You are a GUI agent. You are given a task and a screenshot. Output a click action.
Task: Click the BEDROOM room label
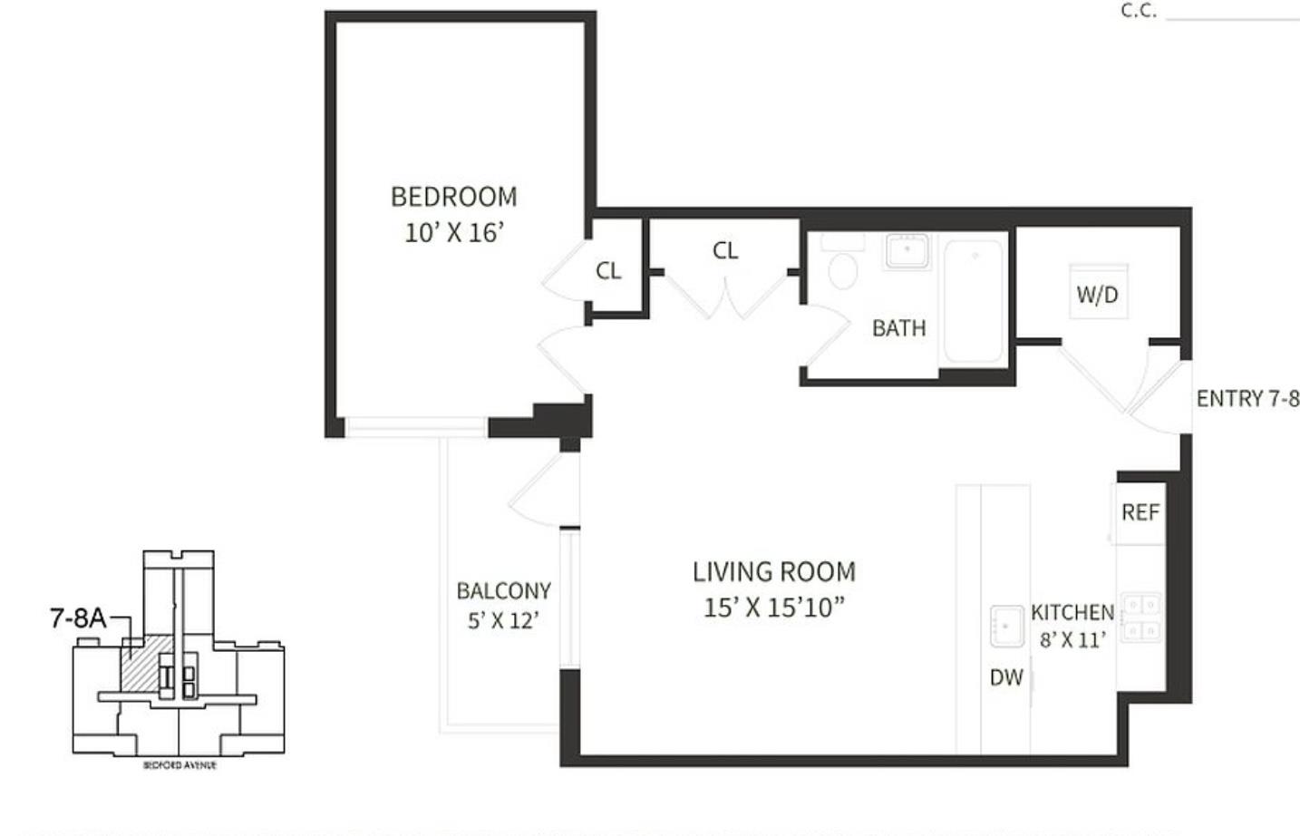click(x=453, y=197)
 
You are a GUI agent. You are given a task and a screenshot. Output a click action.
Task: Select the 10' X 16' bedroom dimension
click(x=453, y=233)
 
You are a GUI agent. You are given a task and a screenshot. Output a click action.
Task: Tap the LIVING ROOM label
click(x=773, y=572)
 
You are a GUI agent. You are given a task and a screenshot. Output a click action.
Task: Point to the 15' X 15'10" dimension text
click(x=773, y=608)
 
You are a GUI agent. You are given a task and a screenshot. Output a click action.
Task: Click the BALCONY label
click(x=503, y=591)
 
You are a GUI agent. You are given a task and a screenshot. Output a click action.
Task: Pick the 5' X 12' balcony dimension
click(x=503, y=621)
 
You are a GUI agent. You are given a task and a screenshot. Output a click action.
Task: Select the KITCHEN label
click(x=1072, y=613)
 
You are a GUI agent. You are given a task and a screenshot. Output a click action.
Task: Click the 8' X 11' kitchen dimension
click(x=1072, y=640)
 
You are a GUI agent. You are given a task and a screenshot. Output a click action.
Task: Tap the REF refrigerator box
click(x=1140, y=513)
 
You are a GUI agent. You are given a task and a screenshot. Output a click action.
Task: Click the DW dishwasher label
click(x=1005, y=677)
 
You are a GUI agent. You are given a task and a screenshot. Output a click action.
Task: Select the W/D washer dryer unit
click(x=1098, y=292)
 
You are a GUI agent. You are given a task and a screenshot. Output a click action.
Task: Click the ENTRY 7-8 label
click(x=1247, y=399)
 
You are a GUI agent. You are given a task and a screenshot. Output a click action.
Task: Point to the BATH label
click(x=898, y=328)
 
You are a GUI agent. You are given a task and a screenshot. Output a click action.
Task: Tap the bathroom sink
click(x=907, y=250)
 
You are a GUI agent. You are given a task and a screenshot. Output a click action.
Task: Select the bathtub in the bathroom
click(x=975, y=299)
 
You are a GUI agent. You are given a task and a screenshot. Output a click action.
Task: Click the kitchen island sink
click(x=1005, y=626)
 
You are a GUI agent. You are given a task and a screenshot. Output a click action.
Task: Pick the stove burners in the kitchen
click(x=1141, y=617)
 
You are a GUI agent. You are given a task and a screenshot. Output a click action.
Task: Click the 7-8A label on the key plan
click(x=77, y=619)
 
